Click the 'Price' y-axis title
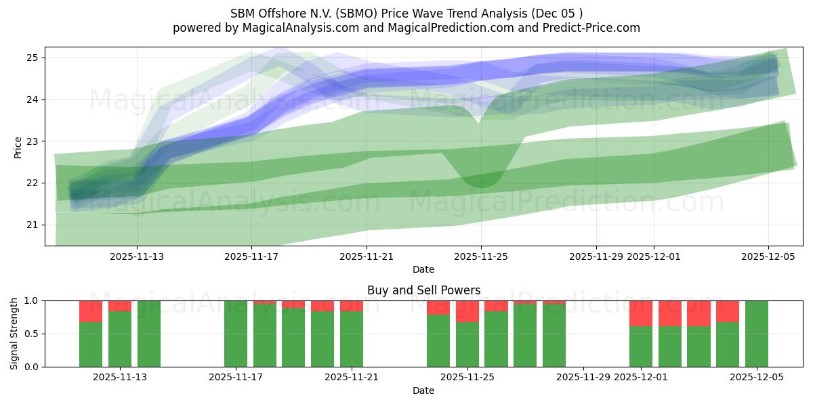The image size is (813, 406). pyautogui.click(x=18, y=147)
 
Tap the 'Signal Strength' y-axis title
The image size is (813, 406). pyautogui.click(x=14, y=334)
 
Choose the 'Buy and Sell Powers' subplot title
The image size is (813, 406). pyautogui.click(x=423, y=290)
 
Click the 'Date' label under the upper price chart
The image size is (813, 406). pyautogui.click(x=423, y=269)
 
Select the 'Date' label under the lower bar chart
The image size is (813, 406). pyautogui.click(x=423, y=390)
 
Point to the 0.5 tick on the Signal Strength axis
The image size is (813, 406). pyautogui.click(x=32, y=334)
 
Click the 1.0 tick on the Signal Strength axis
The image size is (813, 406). pyautogui.click(x=32, y=300)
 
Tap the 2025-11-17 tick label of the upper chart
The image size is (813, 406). pyautogui.click(x=251, y=256)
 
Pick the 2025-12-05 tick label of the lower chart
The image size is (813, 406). pyautogui.click(x=757, y=378)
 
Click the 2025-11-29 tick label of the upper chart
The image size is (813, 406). pyautogui.click(x=596, y=256)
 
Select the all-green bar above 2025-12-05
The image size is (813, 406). pyautogui.click(x=757, y=334)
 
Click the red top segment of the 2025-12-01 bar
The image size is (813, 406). pyautogui.click(x=641, y=313)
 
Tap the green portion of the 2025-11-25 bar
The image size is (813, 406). pyautogui.click(x=467, y=344)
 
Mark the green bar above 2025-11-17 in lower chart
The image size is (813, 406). pyautogui.click(x=236, y=334)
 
